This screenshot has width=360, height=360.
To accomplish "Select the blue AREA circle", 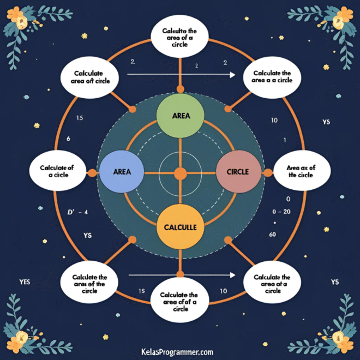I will (x=122, y=171).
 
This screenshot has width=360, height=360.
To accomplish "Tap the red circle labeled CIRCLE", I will (x=239, y=171).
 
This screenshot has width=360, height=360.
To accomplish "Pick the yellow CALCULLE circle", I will (x=180, y=227).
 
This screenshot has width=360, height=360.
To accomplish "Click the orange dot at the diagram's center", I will (x=180, y=173).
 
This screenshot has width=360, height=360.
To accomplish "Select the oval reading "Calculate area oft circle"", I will (x=90, y=76).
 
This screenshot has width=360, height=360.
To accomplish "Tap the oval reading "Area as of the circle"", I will (x=301, y=171).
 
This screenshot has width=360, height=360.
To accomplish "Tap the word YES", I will (x=24, y=282).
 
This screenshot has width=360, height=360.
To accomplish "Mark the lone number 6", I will (x=68, y=139).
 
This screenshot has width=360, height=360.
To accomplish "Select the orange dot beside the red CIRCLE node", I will (x=268, y=173).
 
